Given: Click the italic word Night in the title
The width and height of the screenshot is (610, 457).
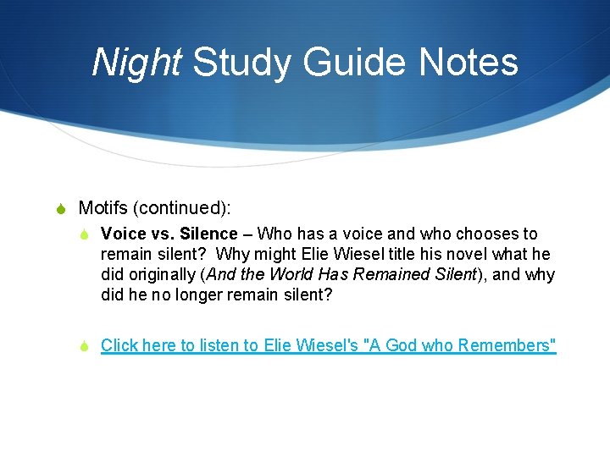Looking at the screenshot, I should tap(136, 63).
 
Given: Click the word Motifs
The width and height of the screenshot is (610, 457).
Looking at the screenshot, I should tap(103, 207).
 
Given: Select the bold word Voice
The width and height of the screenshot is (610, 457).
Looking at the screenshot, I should tap(121, 234).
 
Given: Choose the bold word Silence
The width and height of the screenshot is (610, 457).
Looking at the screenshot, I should tap(208, 234).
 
